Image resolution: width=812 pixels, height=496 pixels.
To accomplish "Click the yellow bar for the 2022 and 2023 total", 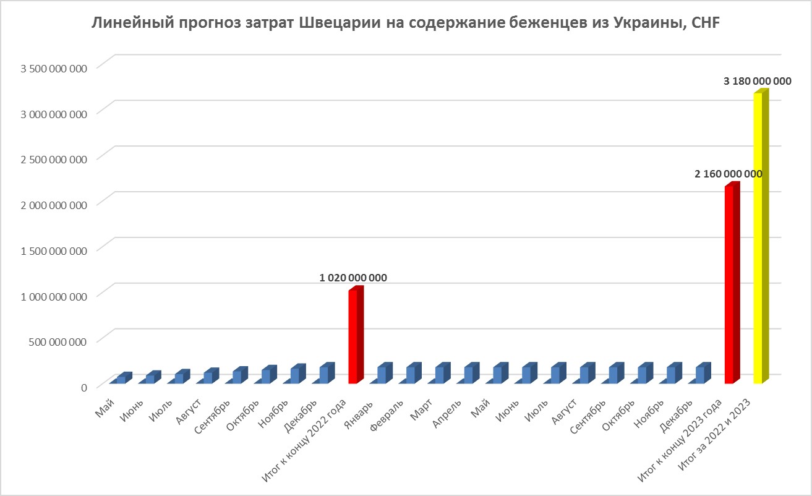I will (758, 238).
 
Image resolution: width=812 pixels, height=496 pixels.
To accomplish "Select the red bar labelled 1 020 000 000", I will (353, 336).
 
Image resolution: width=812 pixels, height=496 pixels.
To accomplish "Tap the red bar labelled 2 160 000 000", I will (730, 284).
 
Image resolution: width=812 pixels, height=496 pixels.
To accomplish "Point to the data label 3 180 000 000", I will (758, 81).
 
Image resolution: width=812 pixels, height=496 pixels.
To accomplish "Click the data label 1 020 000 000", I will (353, 278).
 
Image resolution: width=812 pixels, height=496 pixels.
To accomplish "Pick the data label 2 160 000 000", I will (728, 174).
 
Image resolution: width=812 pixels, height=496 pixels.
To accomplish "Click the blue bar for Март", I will (440, 375).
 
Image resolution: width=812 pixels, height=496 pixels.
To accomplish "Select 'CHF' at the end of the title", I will (706, 24).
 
